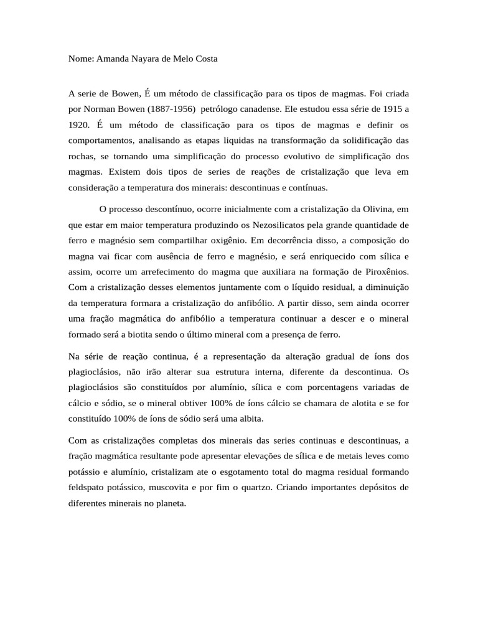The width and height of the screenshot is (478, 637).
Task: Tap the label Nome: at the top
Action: point(81,59)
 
